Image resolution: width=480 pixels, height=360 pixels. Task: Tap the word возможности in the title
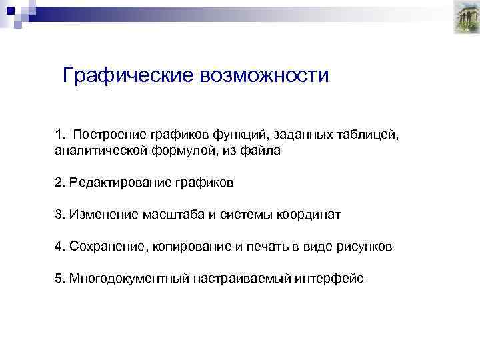tap(264, 75)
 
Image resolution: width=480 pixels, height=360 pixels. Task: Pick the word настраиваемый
tap(251, 279)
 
